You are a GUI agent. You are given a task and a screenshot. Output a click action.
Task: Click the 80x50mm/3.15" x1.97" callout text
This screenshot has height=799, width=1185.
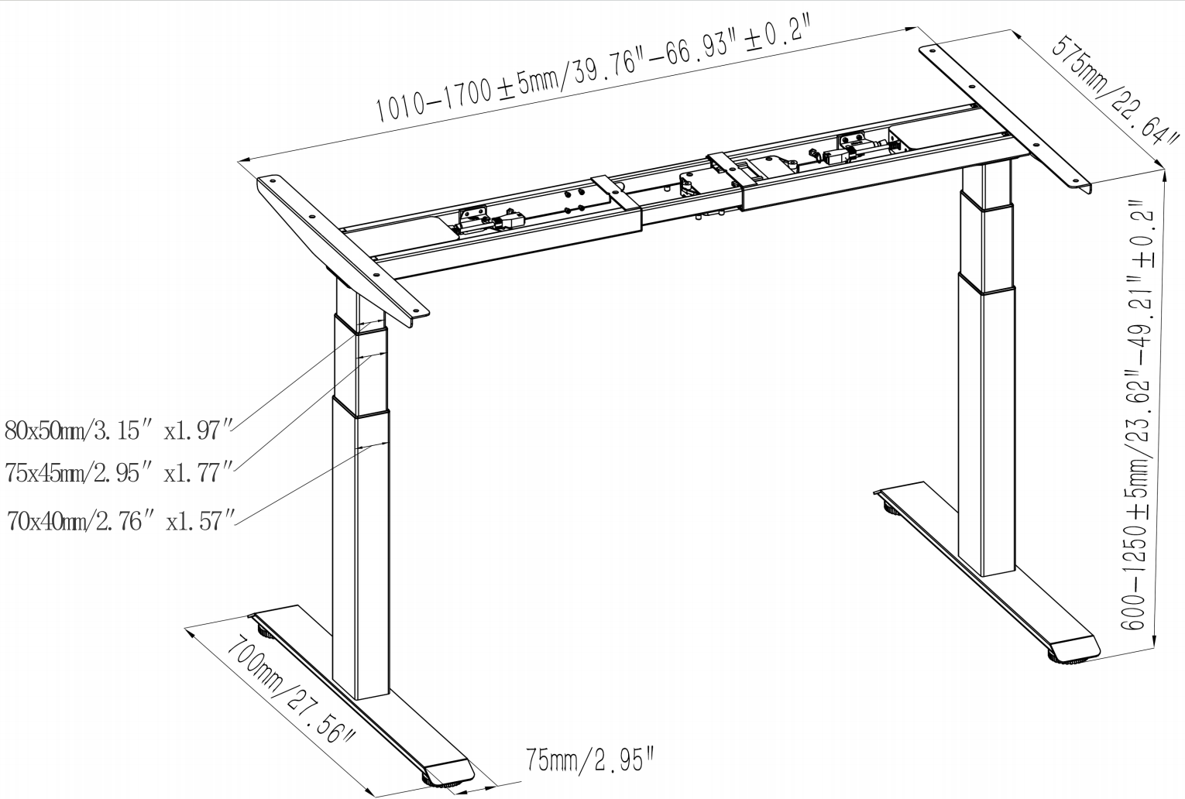pyautogui.click(x=118, y=430)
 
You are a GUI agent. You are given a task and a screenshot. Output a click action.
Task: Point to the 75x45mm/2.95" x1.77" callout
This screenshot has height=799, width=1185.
pyautogui.click(x=118, y=472)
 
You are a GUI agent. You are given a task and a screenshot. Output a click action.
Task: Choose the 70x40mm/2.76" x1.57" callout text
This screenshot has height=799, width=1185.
pyautogui.click(x=120, y=521)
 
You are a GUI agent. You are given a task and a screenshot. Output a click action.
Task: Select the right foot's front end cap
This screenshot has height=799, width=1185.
pyautogui.click(x=1073, y=648)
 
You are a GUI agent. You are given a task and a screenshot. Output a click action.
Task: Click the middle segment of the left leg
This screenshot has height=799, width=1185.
pyautogui.click(x=360, y=364)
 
